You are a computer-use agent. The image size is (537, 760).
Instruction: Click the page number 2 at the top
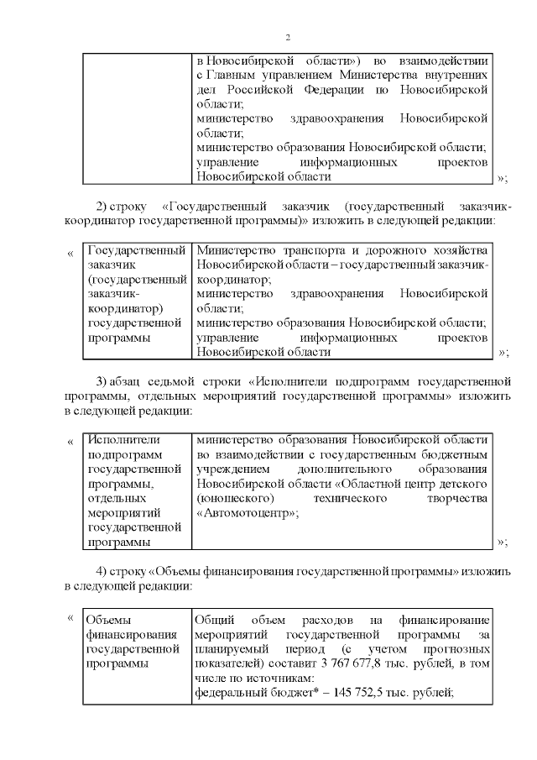tap(287, 38)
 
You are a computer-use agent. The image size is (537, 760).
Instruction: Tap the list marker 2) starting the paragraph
tap(103, 206)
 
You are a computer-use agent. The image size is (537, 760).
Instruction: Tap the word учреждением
tap(234, 469)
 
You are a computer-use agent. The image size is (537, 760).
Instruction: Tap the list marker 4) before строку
tap(103, 571)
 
